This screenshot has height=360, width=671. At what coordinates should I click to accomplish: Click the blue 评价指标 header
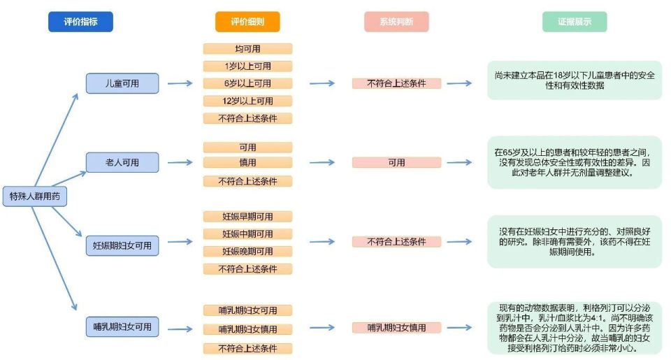click(80, 22)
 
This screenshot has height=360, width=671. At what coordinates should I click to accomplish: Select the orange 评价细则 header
click(247, 22)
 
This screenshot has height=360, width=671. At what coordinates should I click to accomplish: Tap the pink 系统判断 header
click(396, 22)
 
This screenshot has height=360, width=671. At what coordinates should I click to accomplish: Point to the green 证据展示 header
click(575, 22)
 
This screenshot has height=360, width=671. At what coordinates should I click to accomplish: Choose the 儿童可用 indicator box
click(122, 83)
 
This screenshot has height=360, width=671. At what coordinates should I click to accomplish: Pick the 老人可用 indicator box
click(122, 162)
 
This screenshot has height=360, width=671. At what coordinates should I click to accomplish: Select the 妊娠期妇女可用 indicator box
click(122, 246)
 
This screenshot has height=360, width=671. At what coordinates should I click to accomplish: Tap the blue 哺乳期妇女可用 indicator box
click(122, 326)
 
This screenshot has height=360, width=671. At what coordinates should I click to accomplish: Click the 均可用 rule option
click(247, 49)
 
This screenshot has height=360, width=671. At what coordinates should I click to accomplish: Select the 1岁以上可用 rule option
click(247, 66)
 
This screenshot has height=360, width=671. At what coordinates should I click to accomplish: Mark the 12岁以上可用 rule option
click(247, 101)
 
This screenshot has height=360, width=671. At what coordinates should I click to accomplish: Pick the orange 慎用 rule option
click(247, 162)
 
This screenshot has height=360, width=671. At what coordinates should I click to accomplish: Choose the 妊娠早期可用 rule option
click(247, 217)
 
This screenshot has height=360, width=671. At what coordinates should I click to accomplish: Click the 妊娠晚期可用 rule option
click(247, 251)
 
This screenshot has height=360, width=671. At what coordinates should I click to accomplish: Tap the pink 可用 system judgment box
click(396, 162)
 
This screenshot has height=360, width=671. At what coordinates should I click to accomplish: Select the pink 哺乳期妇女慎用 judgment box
click(396, 328)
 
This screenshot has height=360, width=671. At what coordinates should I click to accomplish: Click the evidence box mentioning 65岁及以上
click(575, 162)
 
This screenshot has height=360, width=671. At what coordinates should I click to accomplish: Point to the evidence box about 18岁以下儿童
click(575, 80)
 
